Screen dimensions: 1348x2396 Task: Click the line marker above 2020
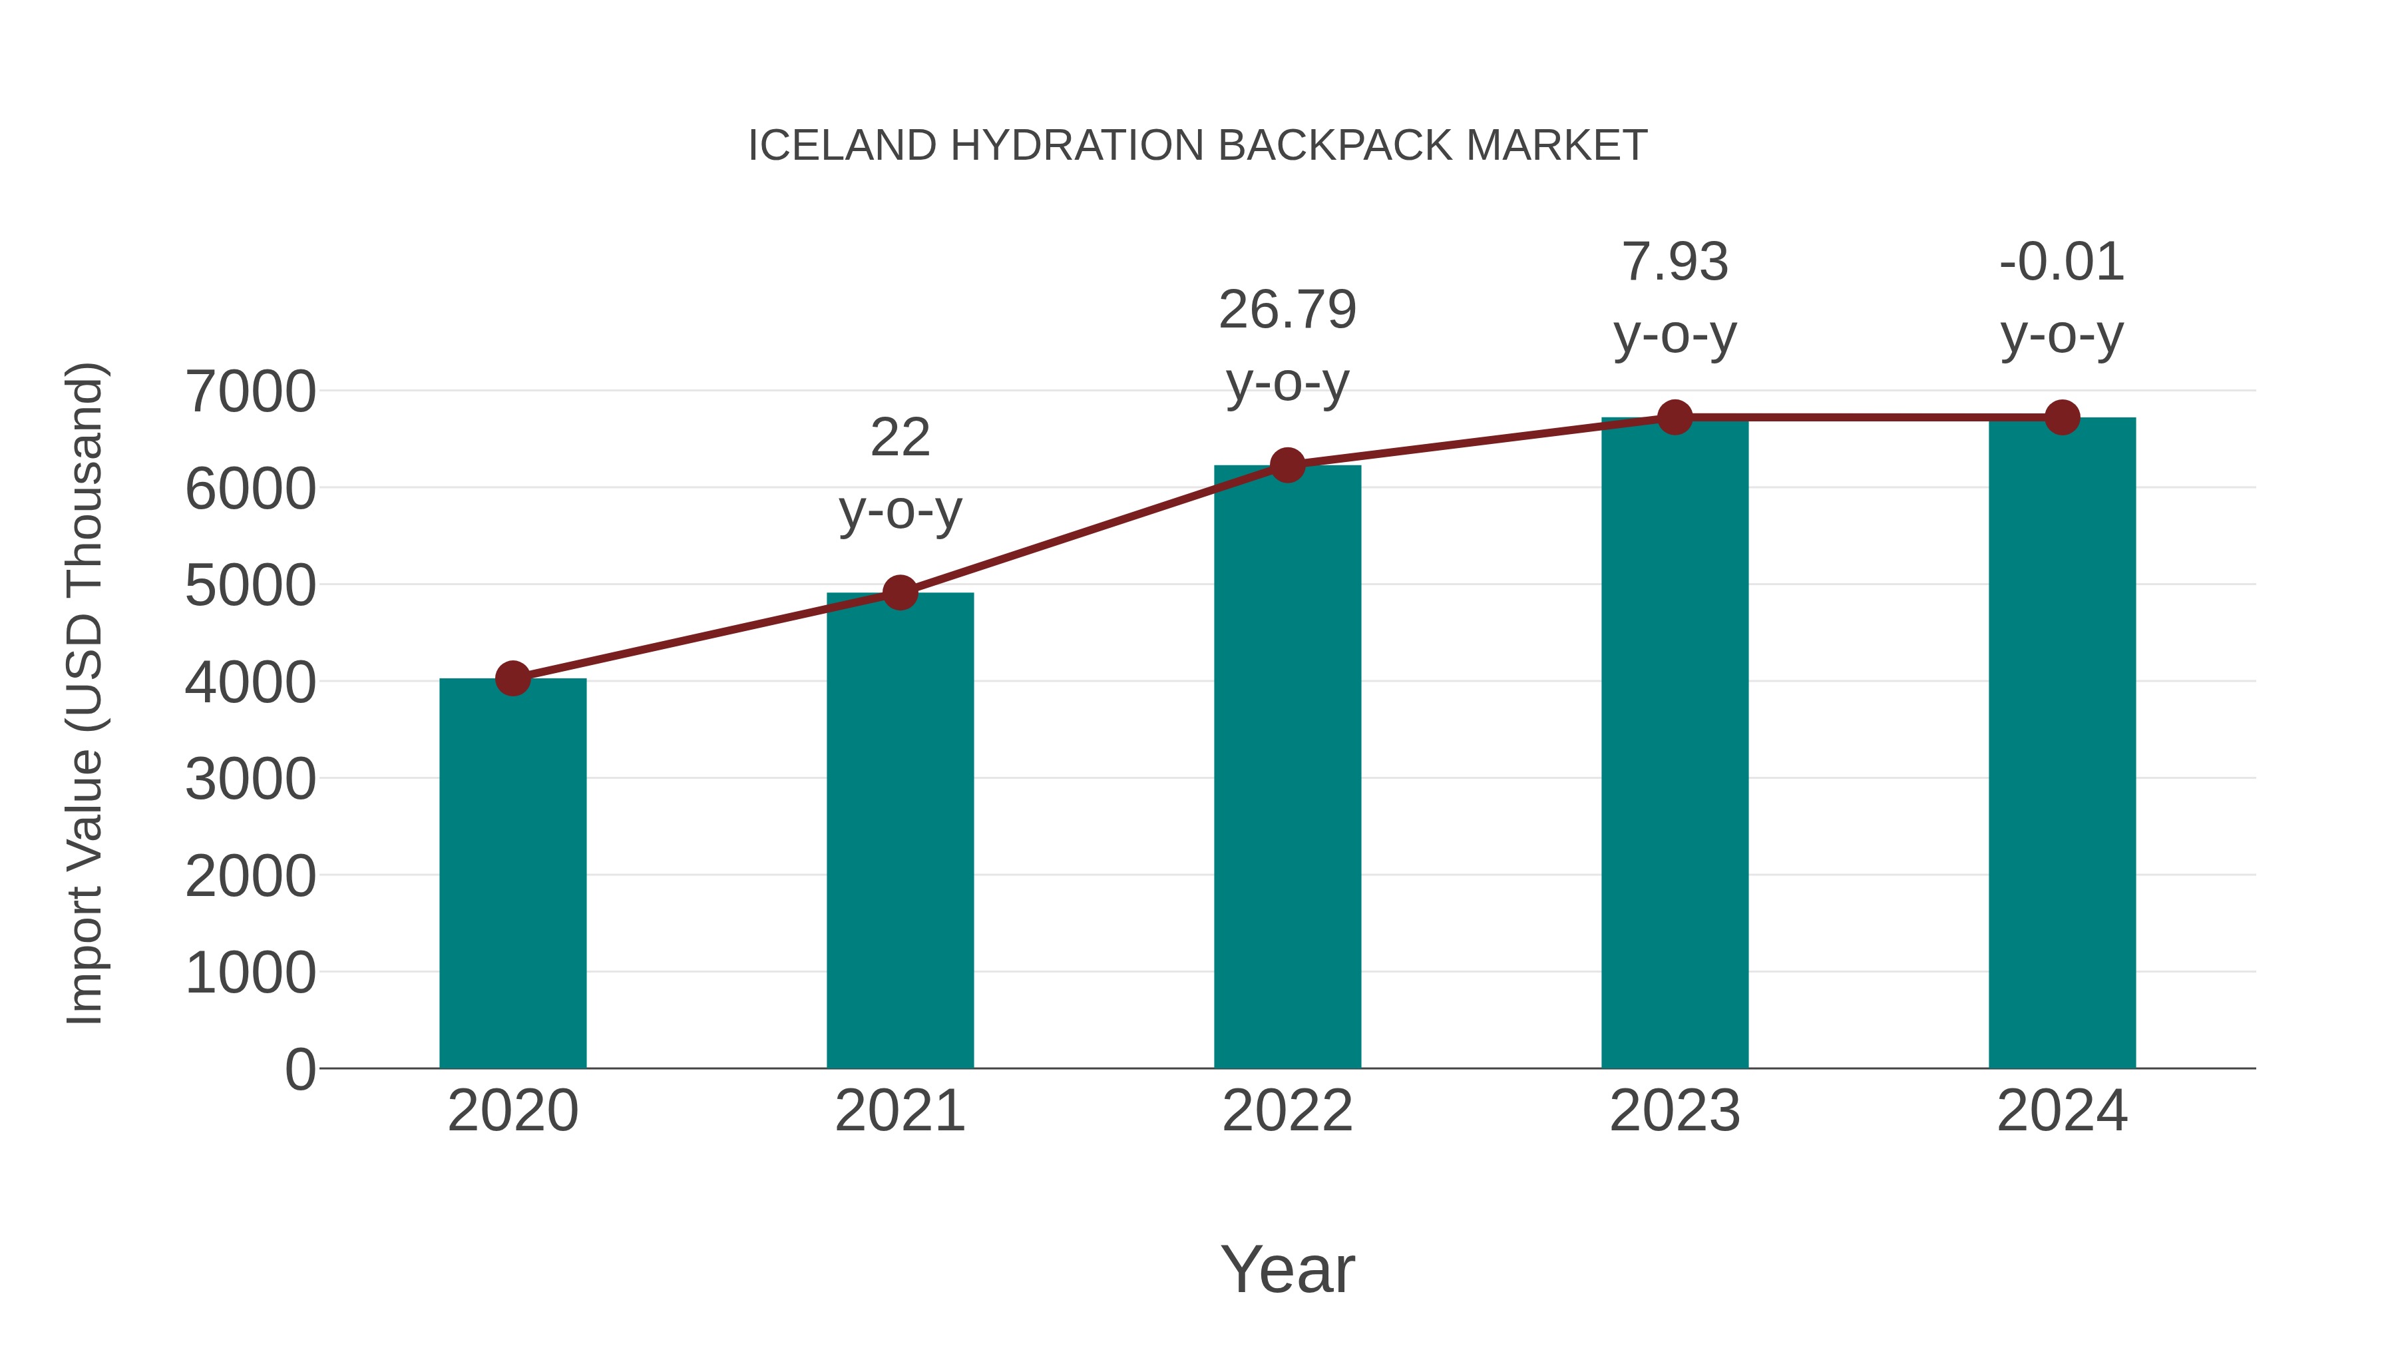pos(512,678)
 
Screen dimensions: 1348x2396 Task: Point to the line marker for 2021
pos(899,592)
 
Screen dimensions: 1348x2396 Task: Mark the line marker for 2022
pos(1287,465)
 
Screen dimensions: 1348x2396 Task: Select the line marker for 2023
pos(1675,417)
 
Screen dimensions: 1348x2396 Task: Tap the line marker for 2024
pos(2062,417)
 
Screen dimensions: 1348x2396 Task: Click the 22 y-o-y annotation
pos(899,473)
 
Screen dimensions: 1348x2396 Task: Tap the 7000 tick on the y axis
pos(250,391)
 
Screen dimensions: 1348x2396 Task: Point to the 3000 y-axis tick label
pos(250,779)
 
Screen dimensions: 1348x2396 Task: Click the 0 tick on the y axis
pos(299,1069)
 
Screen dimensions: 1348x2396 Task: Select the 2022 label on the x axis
pos(1287,1111)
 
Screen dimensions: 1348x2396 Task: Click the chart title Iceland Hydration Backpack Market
pos(1197,146)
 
